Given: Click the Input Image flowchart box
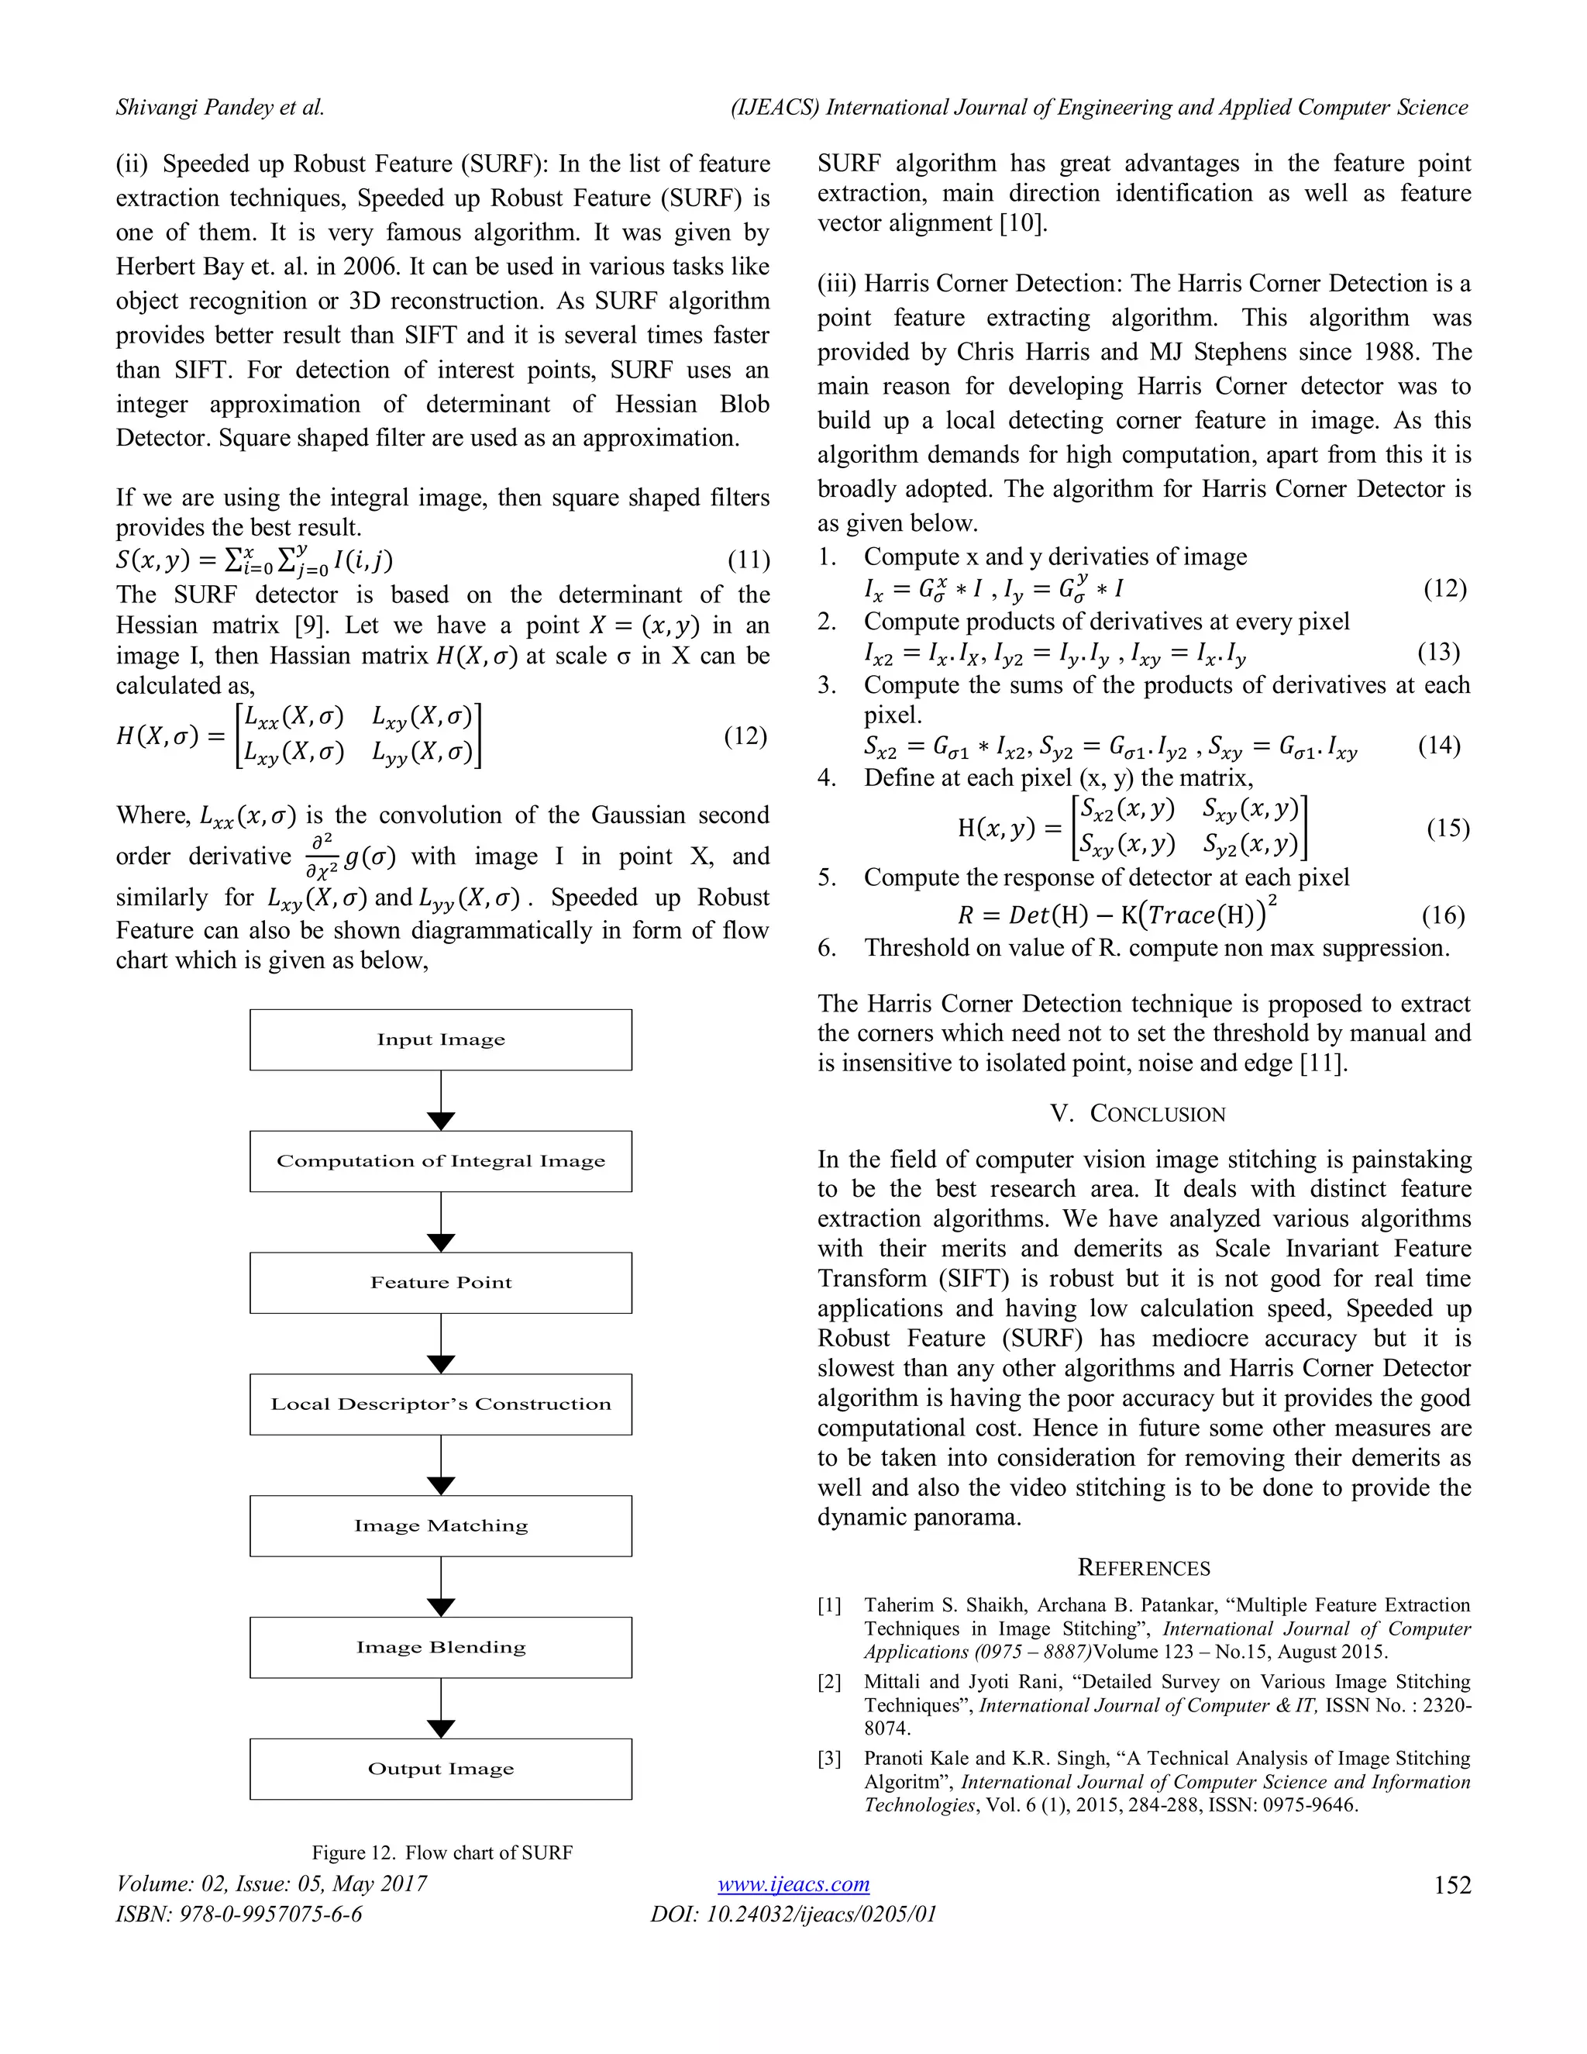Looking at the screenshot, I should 440,1039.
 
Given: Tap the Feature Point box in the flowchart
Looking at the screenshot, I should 440,1282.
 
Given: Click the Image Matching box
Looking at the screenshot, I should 440,1525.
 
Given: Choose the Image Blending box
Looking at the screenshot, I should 440,1647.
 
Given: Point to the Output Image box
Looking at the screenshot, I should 440,1768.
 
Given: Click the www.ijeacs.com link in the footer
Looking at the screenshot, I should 793,1883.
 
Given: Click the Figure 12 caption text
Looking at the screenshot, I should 442,1852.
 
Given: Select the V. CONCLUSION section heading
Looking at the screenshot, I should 1138,1114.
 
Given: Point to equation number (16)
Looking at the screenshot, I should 1442,915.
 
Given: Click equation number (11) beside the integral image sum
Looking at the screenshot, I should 749,560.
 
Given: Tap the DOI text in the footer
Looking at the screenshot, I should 793,1914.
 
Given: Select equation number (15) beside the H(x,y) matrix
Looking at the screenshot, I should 1447,828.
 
